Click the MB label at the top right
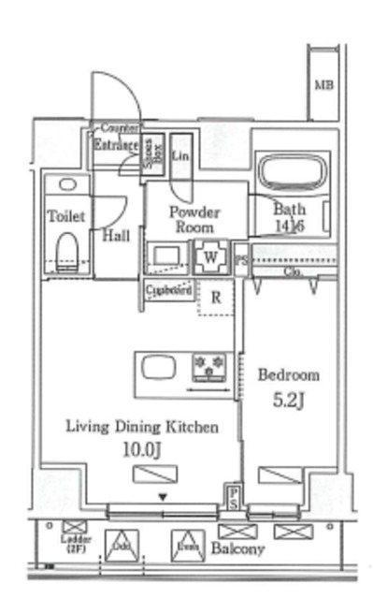pyautogui.click(x=323, y=86)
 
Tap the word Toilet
pyautogui.click(x=65, y=216)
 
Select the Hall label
pyautogui.click(x=116, y=236)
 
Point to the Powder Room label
pyautogui.click(x=194, y=219)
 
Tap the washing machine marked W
pyautogui.click(x=210, y=256)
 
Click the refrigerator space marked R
pyautogui.click(x=215, y=299)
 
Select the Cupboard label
pyautogui.click(x=169, y=290)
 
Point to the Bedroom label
pyautogui.click(x=288, y=375)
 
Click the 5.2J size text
pyautogui.click(x=288, y=401)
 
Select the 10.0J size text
pyautogui.click(x=142, y=450)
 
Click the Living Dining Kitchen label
pyautogui.click(x=142, y=427)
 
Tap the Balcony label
pyautogui.click(x=237, y=548)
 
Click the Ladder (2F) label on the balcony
pyautogui.click(x=72, y=548)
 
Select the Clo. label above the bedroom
pyautogui.click(x=291, y=272)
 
